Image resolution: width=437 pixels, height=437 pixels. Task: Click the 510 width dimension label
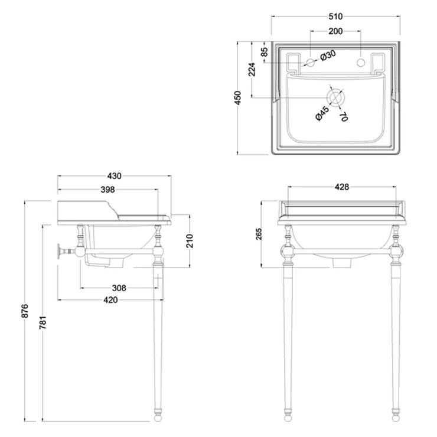335,17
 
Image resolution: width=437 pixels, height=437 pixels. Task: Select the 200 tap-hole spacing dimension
335,31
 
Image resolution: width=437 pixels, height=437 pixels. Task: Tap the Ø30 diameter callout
328,56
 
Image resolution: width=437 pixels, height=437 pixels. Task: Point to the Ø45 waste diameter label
322,113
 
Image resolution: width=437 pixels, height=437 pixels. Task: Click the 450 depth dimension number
238,98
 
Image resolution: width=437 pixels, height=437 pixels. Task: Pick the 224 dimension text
252,70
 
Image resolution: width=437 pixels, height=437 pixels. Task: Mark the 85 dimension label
264,52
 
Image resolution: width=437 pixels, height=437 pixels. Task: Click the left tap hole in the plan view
311,63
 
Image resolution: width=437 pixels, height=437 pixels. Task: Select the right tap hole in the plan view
361,63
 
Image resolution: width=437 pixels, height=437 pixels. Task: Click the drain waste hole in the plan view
335,98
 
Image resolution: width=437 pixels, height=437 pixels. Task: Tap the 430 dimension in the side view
114,176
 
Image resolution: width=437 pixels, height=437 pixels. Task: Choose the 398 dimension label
107,190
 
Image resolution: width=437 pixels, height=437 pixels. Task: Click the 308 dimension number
119,288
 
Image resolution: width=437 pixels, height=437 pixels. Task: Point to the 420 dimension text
110,300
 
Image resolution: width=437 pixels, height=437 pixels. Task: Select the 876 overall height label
25,311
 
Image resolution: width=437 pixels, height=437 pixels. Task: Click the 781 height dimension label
43,323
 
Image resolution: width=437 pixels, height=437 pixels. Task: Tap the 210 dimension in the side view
190,241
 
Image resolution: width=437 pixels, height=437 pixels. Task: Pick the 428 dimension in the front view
342,187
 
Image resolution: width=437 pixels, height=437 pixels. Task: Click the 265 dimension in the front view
259,234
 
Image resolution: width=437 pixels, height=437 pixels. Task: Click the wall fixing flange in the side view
59,252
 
